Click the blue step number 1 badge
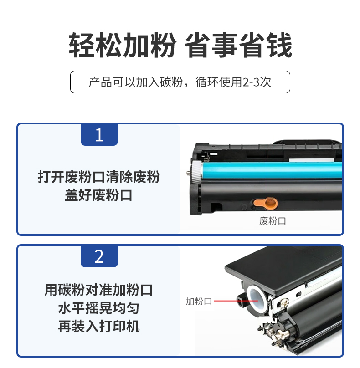point(99,135)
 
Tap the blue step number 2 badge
point(99,256)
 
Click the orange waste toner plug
point(265,204)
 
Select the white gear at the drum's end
point(197,171)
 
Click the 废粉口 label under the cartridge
point(273,221)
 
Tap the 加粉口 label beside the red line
point(199,302)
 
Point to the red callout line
point(236,301)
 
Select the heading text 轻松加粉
point(122,45)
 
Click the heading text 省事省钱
point(238,45)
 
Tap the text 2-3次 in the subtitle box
point(257,82)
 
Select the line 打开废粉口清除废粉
point(99,177)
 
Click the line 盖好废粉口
point(98,195)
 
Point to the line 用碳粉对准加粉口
point(98,290)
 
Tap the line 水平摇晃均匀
point(98,308)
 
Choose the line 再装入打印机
point(98,327)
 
